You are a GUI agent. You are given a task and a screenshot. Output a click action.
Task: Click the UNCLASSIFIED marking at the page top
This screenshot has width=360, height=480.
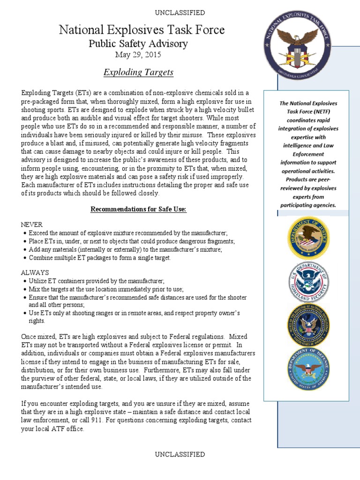tap(180, 13)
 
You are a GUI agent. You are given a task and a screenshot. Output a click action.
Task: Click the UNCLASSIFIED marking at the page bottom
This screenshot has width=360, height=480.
tap(180, 454)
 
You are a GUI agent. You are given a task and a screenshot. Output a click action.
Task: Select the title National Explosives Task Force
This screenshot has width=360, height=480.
tap(142, 30)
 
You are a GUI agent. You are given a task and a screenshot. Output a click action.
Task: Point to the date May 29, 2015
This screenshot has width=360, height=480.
tap(138, 55)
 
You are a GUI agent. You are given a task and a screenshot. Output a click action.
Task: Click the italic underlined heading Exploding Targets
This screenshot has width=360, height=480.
tap(138, 72)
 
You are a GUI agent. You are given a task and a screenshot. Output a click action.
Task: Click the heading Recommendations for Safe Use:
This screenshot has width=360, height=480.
tap(138, 209)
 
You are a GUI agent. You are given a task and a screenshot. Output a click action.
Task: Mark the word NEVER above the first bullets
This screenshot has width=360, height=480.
tap(32, 225)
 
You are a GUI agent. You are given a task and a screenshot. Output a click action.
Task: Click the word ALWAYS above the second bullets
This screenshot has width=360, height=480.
tap(35, 272)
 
